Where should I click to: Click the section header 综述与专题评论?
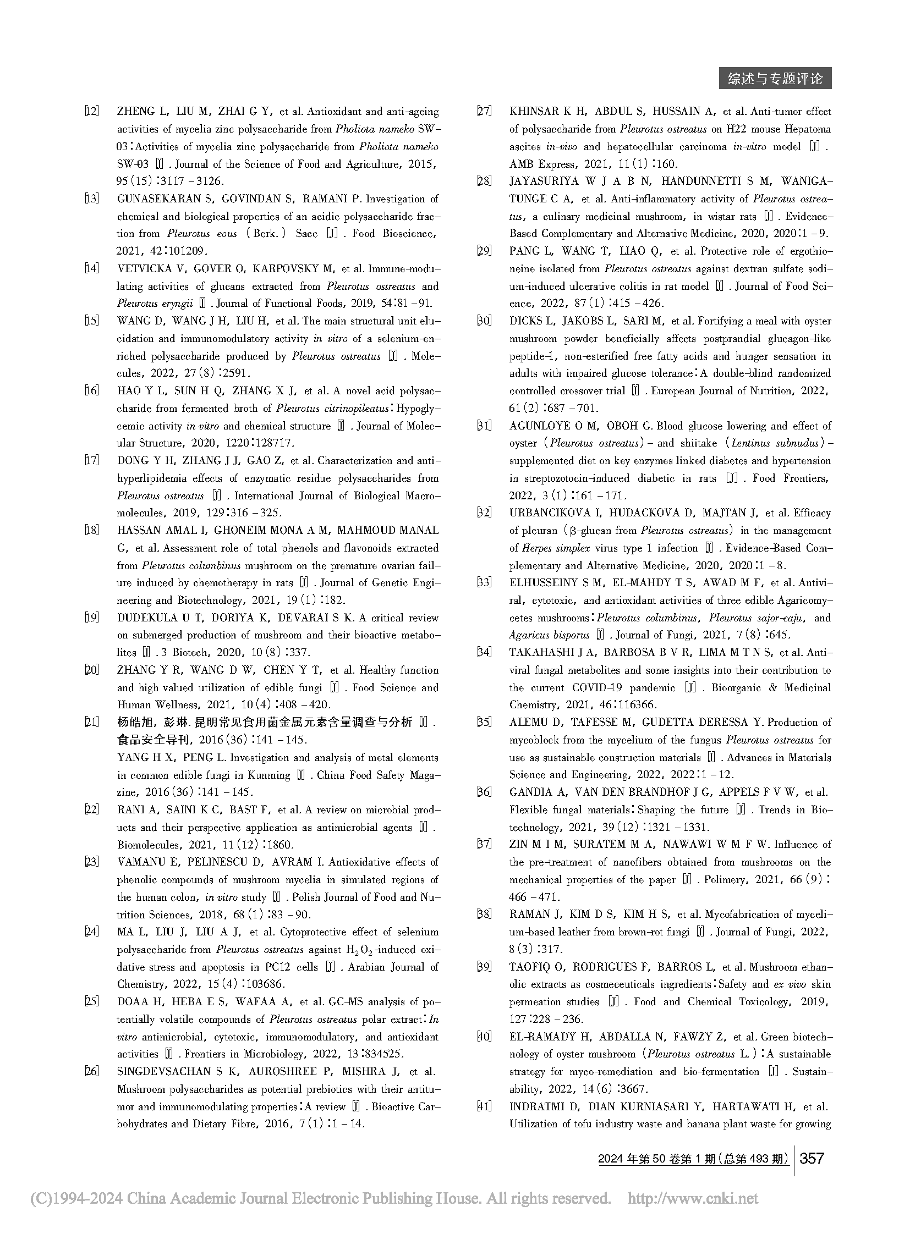tap(775, 79)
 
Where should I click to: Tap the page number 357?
tap(812, 1158)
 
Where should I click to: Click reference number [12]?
tap(92, 112)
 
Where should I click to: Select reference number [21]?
tap(92, 723)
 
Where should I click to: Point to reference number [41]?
tap(484, 1106)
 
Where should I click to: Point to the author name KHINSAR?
tap(535, 112)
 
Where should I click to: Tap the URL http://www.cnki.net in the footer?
tap(693, 1198)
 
